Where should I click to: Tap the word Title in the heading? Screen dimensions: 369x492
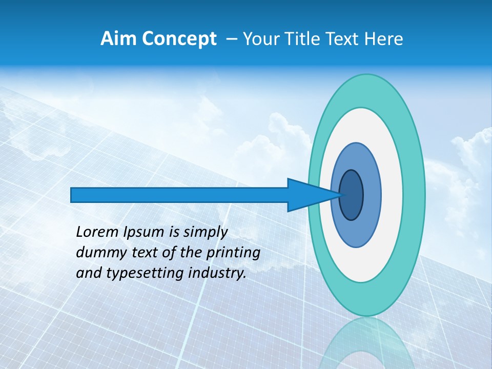(297, 39)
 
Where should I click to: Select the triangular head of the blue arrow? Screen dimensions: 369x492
(307, 195)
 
